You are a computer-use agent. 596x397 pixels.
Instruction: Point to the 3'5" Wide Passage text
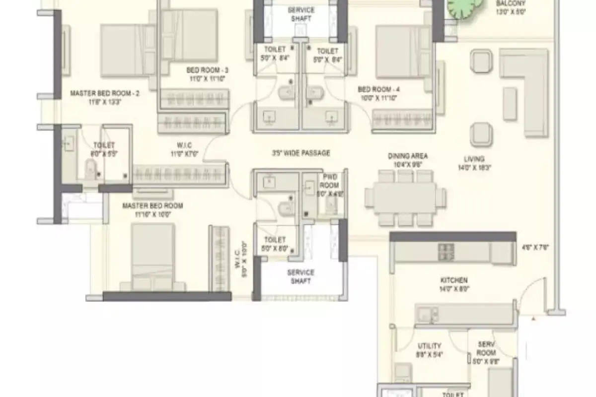pos(301,153)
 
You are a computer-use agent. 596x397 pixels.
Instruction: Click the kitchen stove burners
pos(446,252)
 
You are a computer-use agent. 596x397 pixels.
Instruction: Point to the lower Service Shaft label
pos(300,276)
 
